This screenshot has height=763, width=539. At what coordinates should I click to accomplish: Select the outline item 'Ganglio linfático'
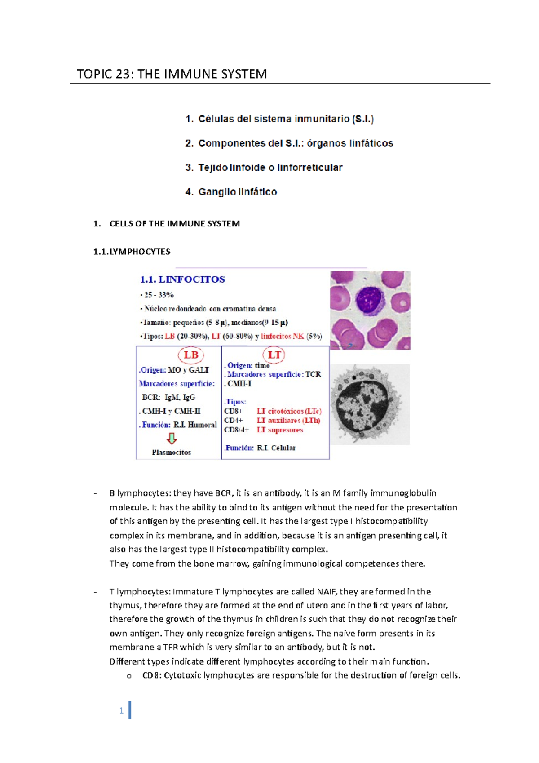[237, 192]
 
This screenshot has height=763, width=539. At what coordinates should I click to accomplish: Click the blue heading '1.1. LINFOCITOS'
[182, 279]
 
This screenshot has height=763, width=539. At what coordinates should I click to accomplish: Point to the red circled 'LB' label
[191, 355]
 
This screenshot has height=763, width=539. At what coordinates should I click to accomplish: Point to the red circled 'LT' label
[274, 355]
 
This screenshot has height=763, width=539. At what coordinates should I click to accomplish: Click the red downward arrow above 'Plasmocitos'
[172, 438]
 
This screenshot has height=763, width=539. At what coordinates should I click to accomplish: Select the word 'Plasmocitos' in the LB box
[171, 452]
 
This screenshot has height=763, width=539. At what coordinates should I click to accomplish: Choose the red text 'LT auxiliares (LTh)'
[288, 421]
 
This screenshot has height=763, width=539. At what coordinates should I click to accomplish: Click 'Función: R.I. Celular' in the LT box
[261, 448]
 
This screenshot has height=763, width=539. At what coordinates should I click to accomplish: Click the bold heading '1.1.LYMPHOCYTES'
[132, 252]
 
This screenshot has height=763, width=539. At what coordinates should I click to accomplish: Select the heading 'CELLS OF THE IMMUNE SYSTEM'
[174, 224]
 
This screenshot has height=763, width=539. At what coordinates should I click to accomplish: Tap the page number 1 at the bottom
[121, 710]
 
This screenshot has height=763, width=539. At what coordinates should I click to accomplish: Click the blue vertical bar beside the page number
[130, 710]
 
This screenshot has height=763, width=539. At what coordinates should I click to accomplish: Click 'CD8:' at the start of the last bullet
[152, 675]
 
